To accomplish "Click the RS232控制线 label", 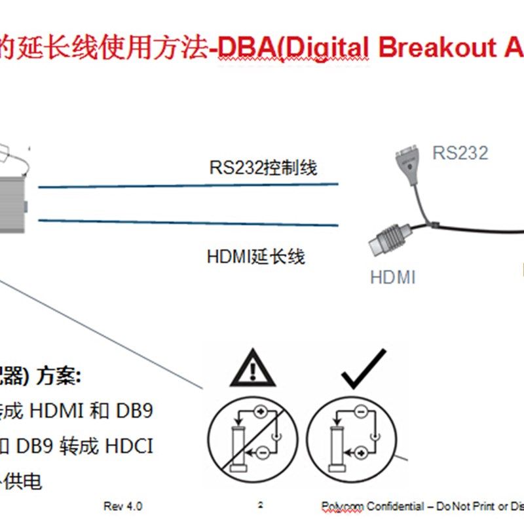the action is (263, 168).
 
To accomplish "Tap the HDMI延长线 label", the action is (256, 256).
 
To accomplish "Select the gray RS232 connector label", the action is (460, 153).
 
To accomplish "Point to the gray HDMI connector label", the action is (393, 277).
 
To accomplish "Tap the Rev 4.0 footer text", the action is (122, 506).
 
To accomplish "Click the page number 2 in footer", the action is (261, 505).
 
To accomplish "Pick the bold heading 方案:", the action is (60, 376).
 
